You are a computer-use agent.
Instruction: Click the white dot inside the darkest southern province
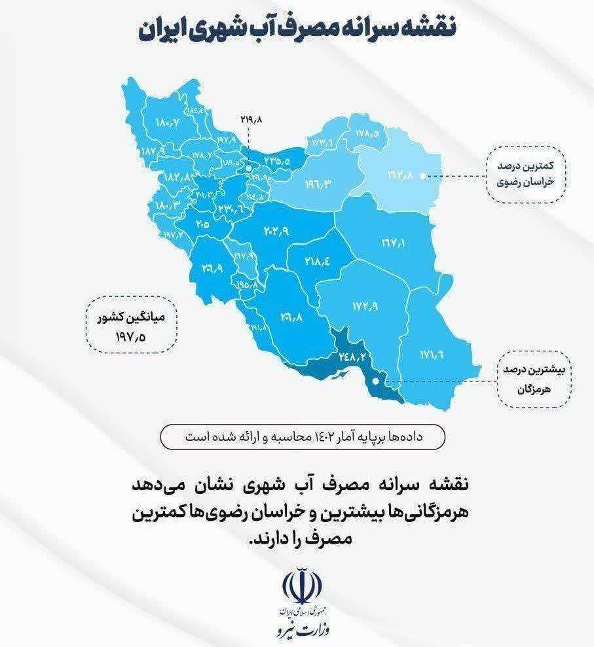pos(375,380)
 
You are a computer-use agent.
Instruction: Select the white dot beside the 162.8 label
pos(423,175)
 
